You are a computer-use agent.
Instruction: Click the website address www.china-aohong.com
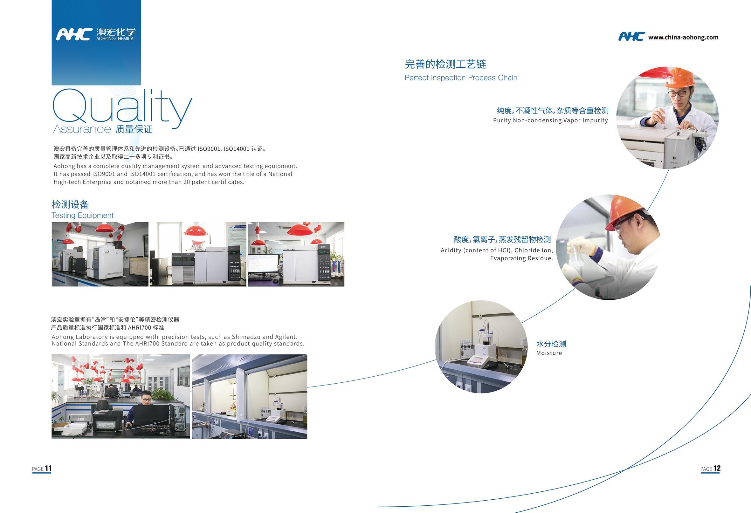[x=683, y=38]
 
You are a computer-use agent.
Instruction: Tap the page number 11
[x=48, y=468]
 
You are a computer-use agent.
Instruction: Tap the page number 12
[x=717, y=468]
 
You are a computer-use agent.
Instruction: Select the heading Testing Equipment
[x=82, y=215]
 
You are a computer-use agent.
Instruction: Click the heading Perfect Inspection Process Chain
[x=461, y=78]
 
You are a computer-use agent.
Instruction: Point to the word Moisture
[x=549, y=353]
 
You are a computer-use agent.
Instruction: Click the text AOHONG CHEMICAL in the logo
[x=116, y=39]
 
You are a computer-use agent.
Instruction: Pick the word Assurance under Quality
[x=82, y=129]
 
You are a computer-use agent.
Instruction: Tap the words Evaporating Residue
[x=521, y=258]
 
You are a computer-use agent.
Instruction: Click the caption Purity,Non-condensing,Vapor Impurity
[x=550, y=120]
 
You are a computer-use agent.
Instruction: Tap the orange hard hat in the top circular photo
[x=680, y=77]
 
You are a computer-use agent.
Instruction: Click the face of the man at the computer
[x=147, y=398]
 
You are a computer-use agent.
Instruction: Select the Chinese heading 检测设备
[x=70, y=204]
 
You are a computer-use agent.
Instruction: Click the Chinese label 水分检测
[x=551, y=344]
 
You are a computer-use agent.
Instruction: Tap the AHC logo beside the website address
[x=631, y=37]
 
